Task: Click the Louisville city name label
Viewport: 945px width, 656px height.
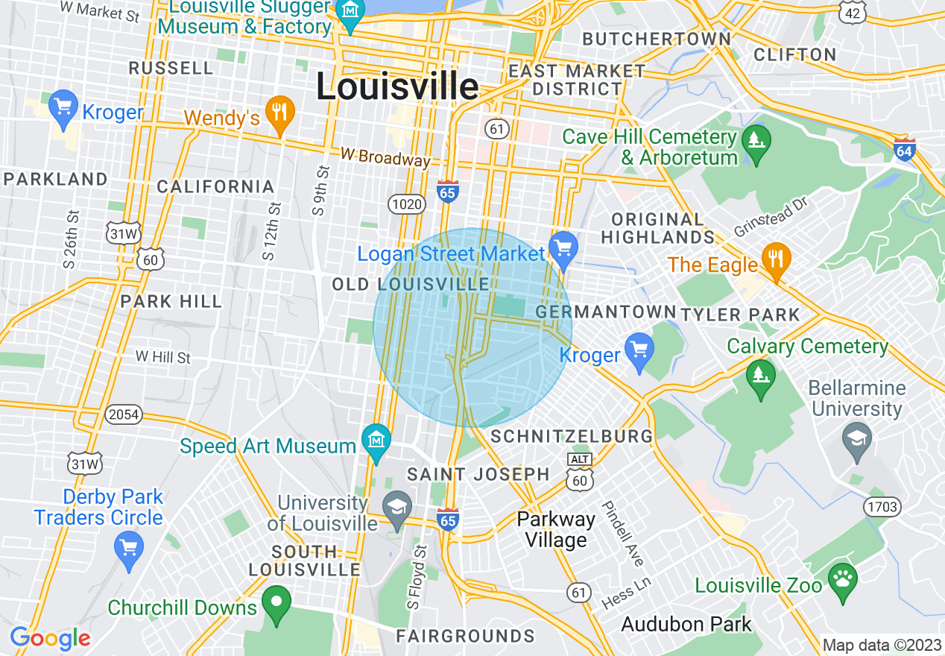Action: [397, 87]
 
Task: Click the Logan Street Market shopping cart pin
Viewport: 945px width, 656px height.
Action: [563, 247]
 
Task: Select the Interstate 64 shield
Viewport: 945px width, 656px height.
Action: [905, 148]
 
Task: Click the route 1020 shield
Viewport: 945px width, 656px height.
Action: [406, 204]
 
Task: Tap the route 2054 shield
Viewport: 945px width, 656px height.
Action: [123, 414]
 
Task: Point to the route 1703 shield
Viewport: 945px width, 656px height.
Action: [883, 508]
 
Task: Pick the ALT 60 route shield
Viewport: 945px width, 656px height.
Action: [580, 474]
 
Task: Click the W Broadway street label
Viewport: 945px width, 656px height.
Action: [385, 157]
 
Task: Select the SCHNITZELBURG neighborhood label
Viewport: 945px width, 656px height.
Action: [572, 436]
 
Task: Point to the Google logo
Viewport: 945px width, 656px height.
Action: [50, 638]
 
